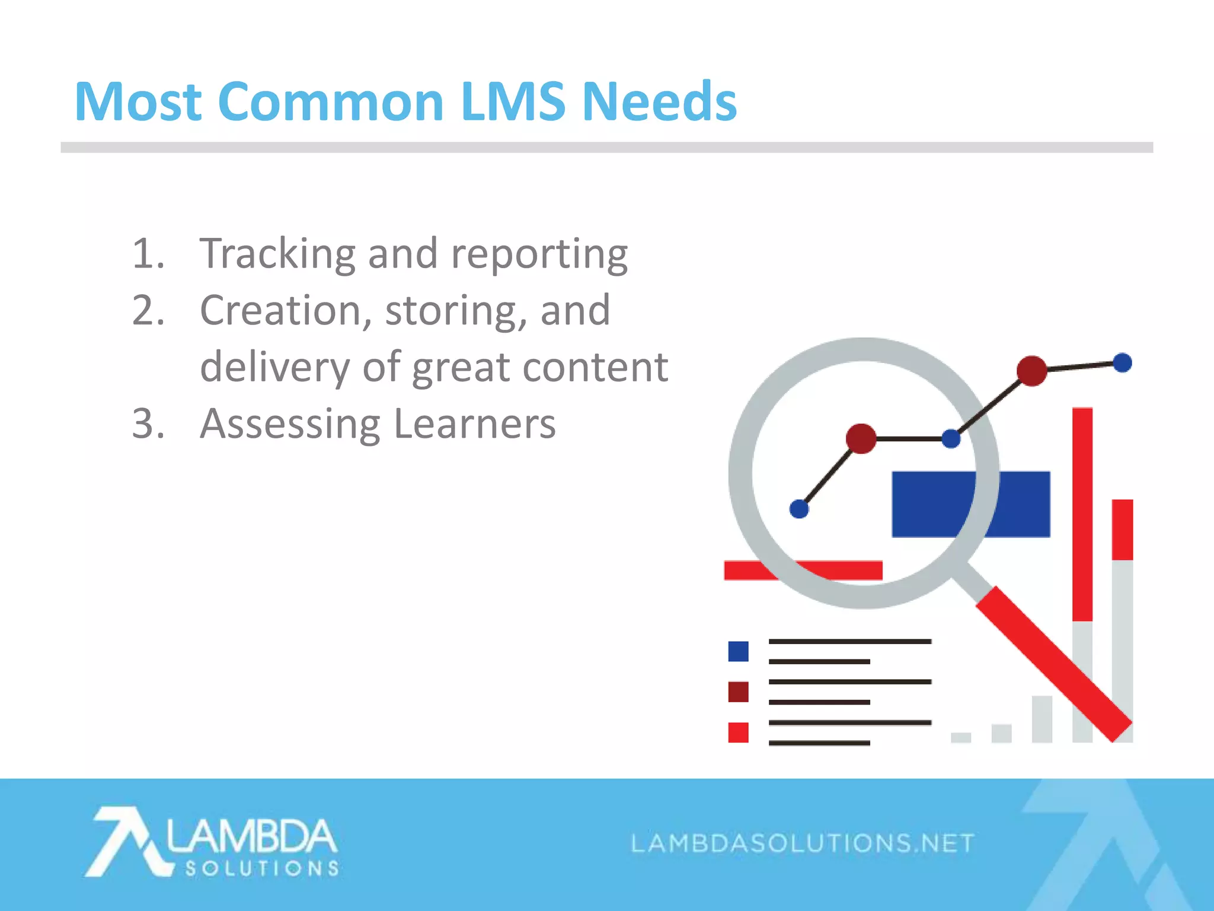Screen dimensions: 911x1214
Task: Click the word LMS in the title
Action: (x=513, y=102)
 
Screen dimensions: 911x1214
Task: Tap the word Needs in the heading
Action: (x=659, y=102)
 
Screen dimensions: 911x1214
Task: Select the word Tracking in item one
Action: (x=277, y=254)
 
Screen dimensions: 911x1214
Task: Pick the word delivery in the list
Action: (x=275, y=368)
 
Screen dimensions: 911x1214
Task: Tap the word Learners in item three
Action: (x=474, y=424)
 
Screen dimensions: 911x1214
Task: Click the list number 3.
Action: (x=147, y=424)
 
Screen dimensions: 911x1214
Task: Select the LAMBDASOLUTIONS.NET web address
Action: (x=803, y=843)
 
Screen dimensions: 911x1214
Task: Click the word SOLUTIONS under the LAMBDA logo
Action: (x=262, y=869)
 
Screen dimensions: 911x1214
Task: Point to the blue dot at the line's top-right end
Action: (x=1122, y=362)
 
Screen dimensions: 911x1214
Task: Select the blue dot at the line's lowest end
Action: (x=799, y=509)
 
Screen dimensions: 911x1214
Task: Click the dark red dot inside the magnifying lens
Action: (x=861, y=439)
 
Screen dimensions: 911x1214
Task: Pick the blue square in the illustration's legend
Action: (x=738, y=651)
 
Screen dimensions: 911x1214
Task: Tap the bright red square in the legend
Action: (x=738, y=732)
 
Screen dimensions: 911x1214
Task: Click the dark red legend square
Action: (x=738, y=692)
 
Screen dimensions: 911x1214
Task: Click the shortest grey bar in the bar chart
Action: (x=961, y=737)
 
